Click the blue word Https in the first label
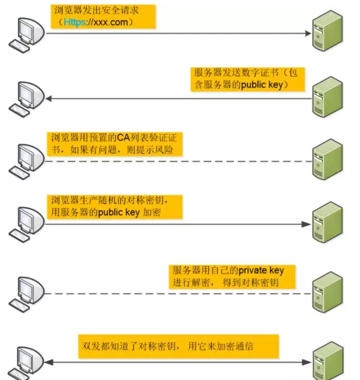click(x=74, y=22)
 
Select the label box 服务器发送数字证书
click(x=246, y=78)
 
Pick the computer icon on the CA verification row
click(x=26, y=160)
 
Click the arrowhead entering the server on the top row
click(x=308, y=33)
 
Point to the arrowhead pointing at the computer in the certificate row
click(x=49, y=99)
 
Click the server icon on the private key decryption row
click(x=327, y=292)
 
